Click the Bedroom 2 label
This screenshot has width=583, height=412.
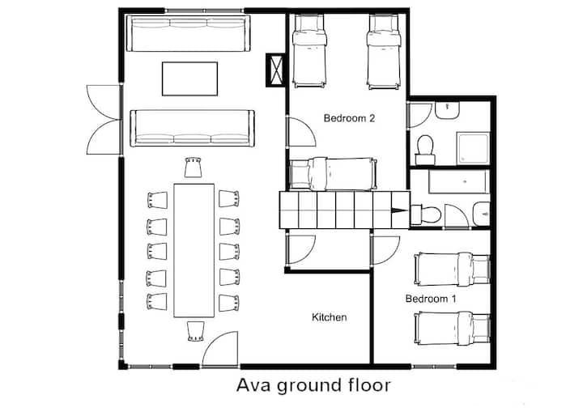coord(349,118)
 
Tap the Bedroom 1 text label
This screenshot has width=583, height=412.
coord(431,299)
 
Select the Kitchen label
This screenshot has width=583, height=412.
coord(329,317)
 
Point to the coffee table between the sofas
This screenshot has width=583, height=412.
coord(189,79)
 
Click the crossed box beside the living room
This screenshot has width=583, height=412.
coord(275,70)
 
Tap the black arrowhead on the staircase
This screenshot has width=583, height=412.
coord(401,210)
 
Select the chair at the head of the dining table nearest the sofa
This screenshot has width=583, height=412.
coord(194,168)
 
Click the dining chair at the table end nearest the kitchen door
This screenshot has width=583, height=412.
coord(195,331)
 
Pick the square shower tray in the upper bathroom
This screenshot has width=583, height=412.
coord(473,148)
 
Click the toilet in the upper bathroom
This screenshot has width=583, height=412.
coord(425,150)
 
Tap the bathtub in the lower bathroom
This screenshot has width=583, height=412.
coord(459,182)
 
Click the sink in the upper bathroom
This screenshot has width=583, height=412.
coord(447,110)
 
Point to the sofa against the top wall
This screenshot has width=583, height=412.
coord(188,33)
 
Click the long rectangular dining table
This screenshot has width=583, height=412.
coord(194,251)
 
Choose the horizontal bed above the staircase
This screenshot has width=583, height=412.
coord(333,174)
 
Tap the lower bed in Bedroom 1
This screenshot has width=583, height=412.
coord(452,329)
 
